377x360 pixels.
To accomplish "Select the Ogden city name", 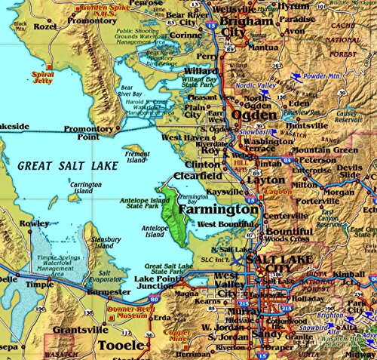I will coord(255,114).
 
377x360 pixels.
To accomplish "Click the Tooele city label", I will coord(118,345).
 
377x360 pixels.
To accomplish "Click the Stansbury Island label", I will coord(101,242).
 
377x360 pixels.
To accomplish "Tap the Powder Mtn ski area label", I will coord(321,76).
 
